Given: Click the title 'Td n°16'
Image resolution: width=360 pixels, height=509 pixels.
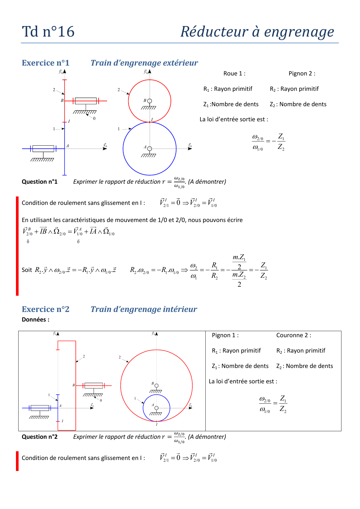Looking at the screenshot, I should [x=48, y=32].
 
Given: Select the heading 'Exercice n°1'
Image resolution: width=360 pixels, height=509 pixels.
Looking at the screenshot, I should [x=46, y=63].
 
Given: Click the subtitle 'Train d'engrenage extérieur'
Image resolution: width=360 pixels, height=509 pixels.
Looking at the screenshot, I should [x=144, y=63].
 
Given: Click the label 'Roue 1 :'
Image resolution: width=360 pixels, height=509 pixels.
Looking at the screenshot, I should [x=234, y=74].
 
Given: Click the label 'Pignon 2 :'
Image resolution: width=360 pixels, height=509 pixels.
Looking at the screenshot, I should [x=302, y=74].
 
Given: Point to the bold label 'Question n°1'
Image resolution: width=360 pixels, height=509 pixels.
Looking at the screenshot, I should [x=40, y=182].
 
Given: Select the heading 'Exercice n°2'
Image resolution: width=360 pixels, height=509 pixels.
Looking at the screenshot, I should [x=46, y=309].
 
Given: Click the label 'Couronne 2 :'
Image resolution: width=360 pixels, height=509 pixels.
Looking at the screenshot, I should [x=294, y=335].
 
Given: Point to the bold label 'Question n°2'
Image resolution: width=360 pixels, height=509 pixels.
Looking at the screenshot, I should [x=40, y=437].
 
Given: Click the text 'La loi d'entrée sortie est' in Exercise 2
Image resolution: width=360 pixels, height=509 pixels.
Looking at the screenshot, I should [x=243, y=382].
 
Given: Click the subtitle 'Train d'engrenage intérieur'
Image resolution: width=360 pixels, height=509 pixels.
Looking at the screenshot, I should [x=144, y=309].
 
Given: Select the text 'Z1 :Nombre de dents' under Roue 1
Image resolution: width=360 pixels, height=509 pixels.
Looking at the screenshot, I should [x=231, y=104].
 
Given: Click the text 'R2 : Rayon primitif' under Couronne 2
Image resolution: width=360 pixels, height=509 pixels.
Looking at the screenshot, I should [x=301, y=351].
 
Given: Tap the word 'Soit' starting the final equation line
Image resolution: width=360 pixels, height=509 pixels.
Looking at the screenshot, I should [x=27, y=270].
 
